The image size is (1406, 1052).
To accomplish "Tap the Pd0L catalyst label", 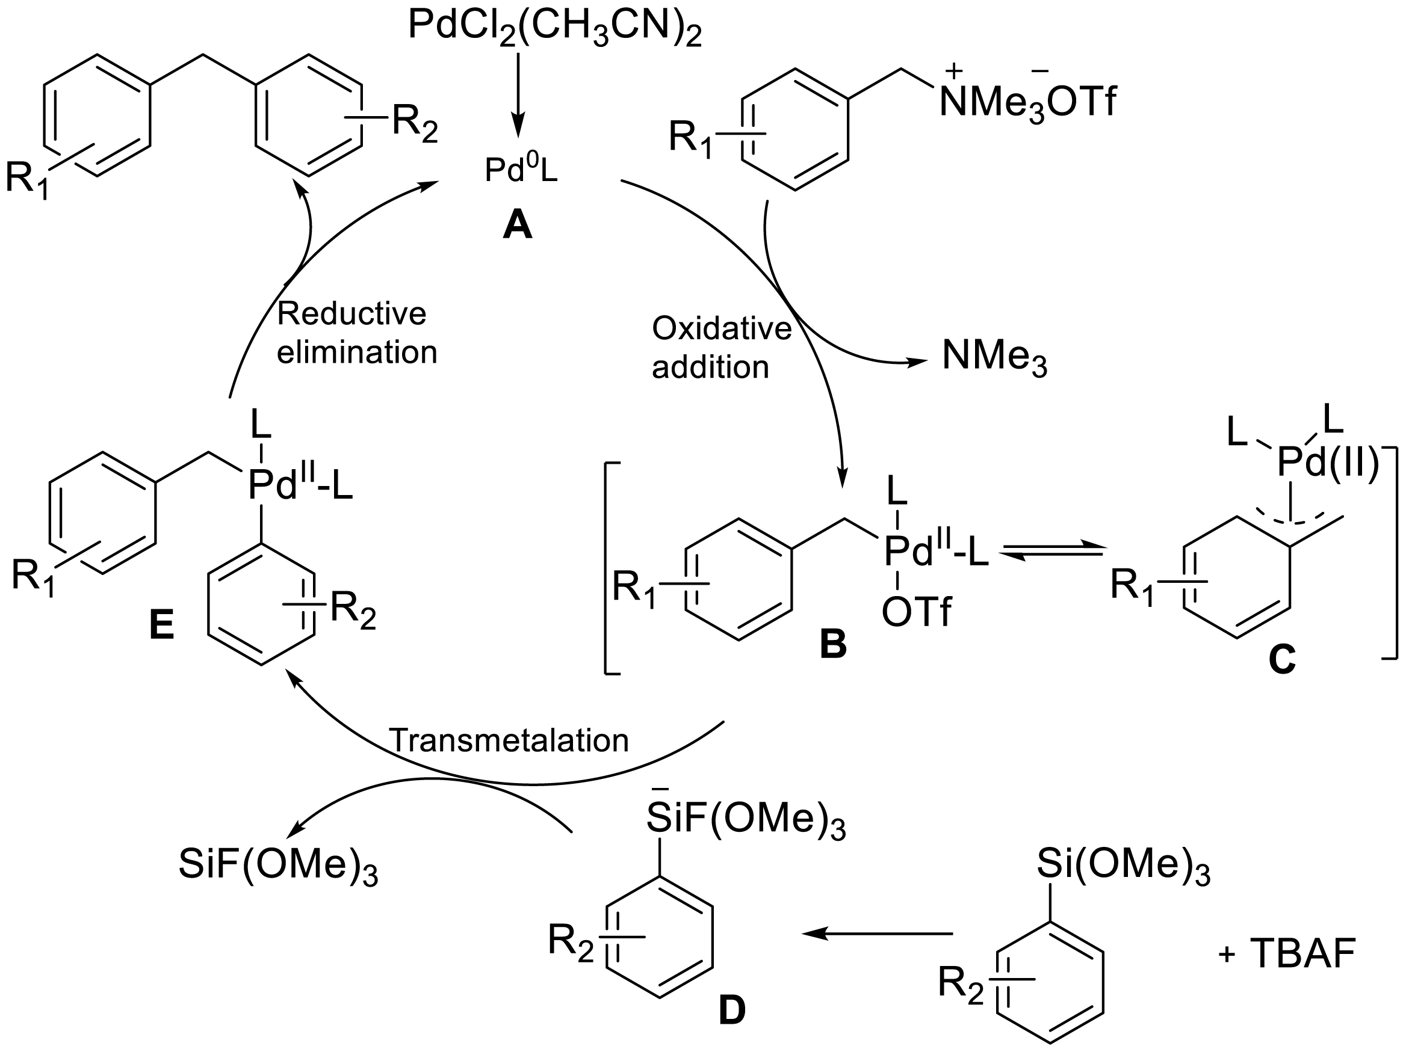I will coord(521,170).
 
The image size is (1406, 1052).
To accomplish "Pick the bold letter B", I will coord(833,644).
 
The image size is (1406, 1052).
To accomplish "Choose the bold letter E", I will coord(161,626).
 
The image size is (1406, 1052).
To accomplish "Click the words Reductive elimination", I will coord(356,333).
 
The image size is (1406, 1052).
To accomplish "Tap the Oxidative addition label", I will coord(722,348).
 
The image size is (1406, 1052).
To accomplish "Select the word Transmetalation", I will coord(509,740).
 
